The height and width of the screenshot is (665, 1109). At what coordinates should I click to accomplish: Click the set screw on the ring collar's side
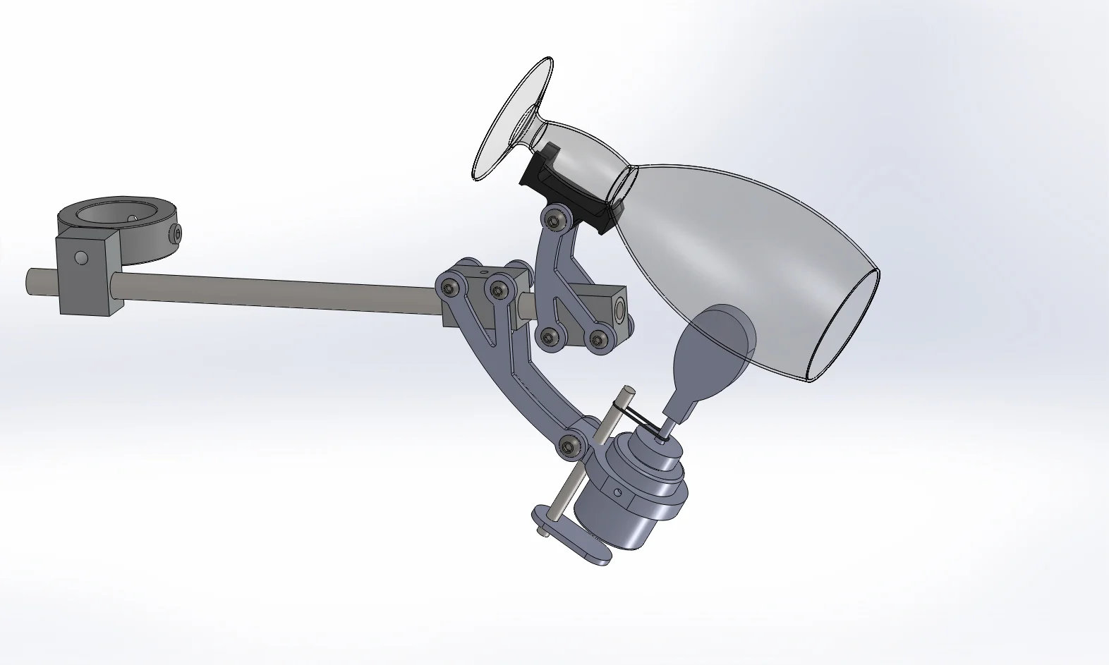click(x=177, y=233)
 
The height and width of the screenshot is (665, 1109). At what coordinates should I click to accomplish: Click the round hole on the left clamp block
click(x=83, y=258)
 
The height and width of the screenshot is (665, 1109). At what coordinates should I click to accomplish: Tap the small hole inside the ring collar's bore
click(x=132, y=219)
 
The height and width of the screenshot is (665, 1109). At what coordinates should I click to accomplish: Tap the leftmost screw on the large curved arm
click(x=450, y=286)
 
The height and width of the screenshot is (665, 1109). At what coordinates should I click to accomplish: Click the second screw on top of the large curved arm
click(x=499, y=288)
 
